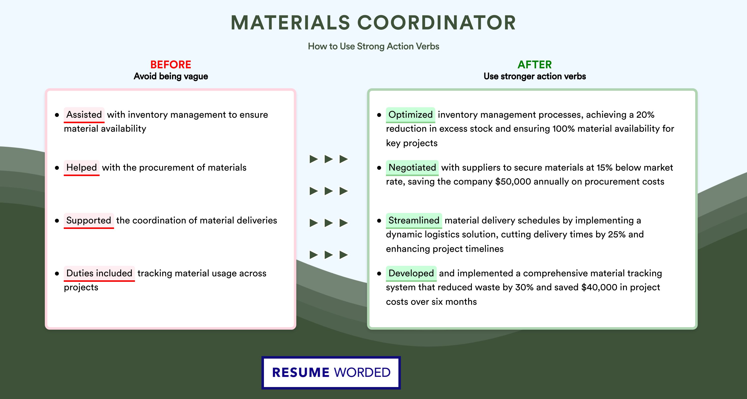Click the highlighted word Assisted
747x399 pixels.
[84, 115]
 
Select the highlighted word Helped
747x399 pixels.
[81, 168]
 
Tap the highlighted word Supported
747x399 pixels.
[89, 220]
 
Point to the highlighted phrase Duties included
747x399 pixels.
[99, 273]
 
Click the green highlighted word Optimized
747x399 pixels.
[410, 115]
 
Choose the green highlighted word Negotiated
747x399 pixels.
[412, 168]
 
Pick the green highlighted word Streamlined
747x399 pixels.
[414, 220]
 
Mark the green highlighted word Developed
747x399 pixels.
[411, 273]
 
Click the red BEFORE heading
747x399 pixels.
[171, 65]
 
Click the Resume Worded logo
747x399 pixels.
[331, 373]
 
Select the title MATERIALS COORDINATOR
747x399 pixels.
[373, 23]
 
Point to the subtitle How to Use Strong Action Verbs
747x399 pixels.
[373, 46]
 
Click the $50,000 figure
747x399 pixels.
[513, 182]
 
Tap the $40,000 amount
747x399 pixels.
[599, 288]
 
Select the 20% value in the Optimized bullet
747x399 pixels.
[645, 115]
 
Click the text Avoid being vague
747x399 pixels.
[171, 76]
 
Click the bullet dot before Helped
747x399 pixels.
[57, 168]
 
